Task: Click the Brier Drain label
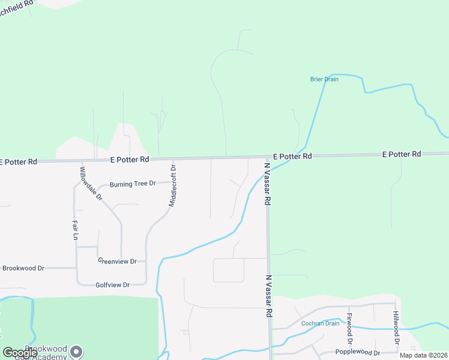click(x=324, y=79)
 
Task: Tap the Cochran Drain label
click(x=320, y=323)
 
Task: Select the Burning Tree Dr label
click(x=132, y=183)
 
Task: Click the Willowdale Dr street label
click(x=91, y=184)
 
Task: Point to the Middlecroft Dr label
click(x=172, y=186)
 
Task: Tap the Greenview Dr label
click(x=117, y=262)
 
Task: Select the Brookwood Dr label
click(x=23, y=268)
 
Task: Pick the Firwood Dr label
click(x=349, y=327)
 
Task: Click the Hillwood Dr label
click(x=396, y=327)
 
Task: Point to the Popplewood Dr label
click(x=359, y=353)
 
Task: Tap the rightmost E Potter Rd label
click(x=402, y=154)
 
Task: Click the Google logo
click(x=20, y=353)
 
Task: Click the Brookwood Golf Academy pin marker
click(x=76, y=352)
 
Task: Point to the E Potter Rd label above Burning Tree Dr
click(x=129, y=160)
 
